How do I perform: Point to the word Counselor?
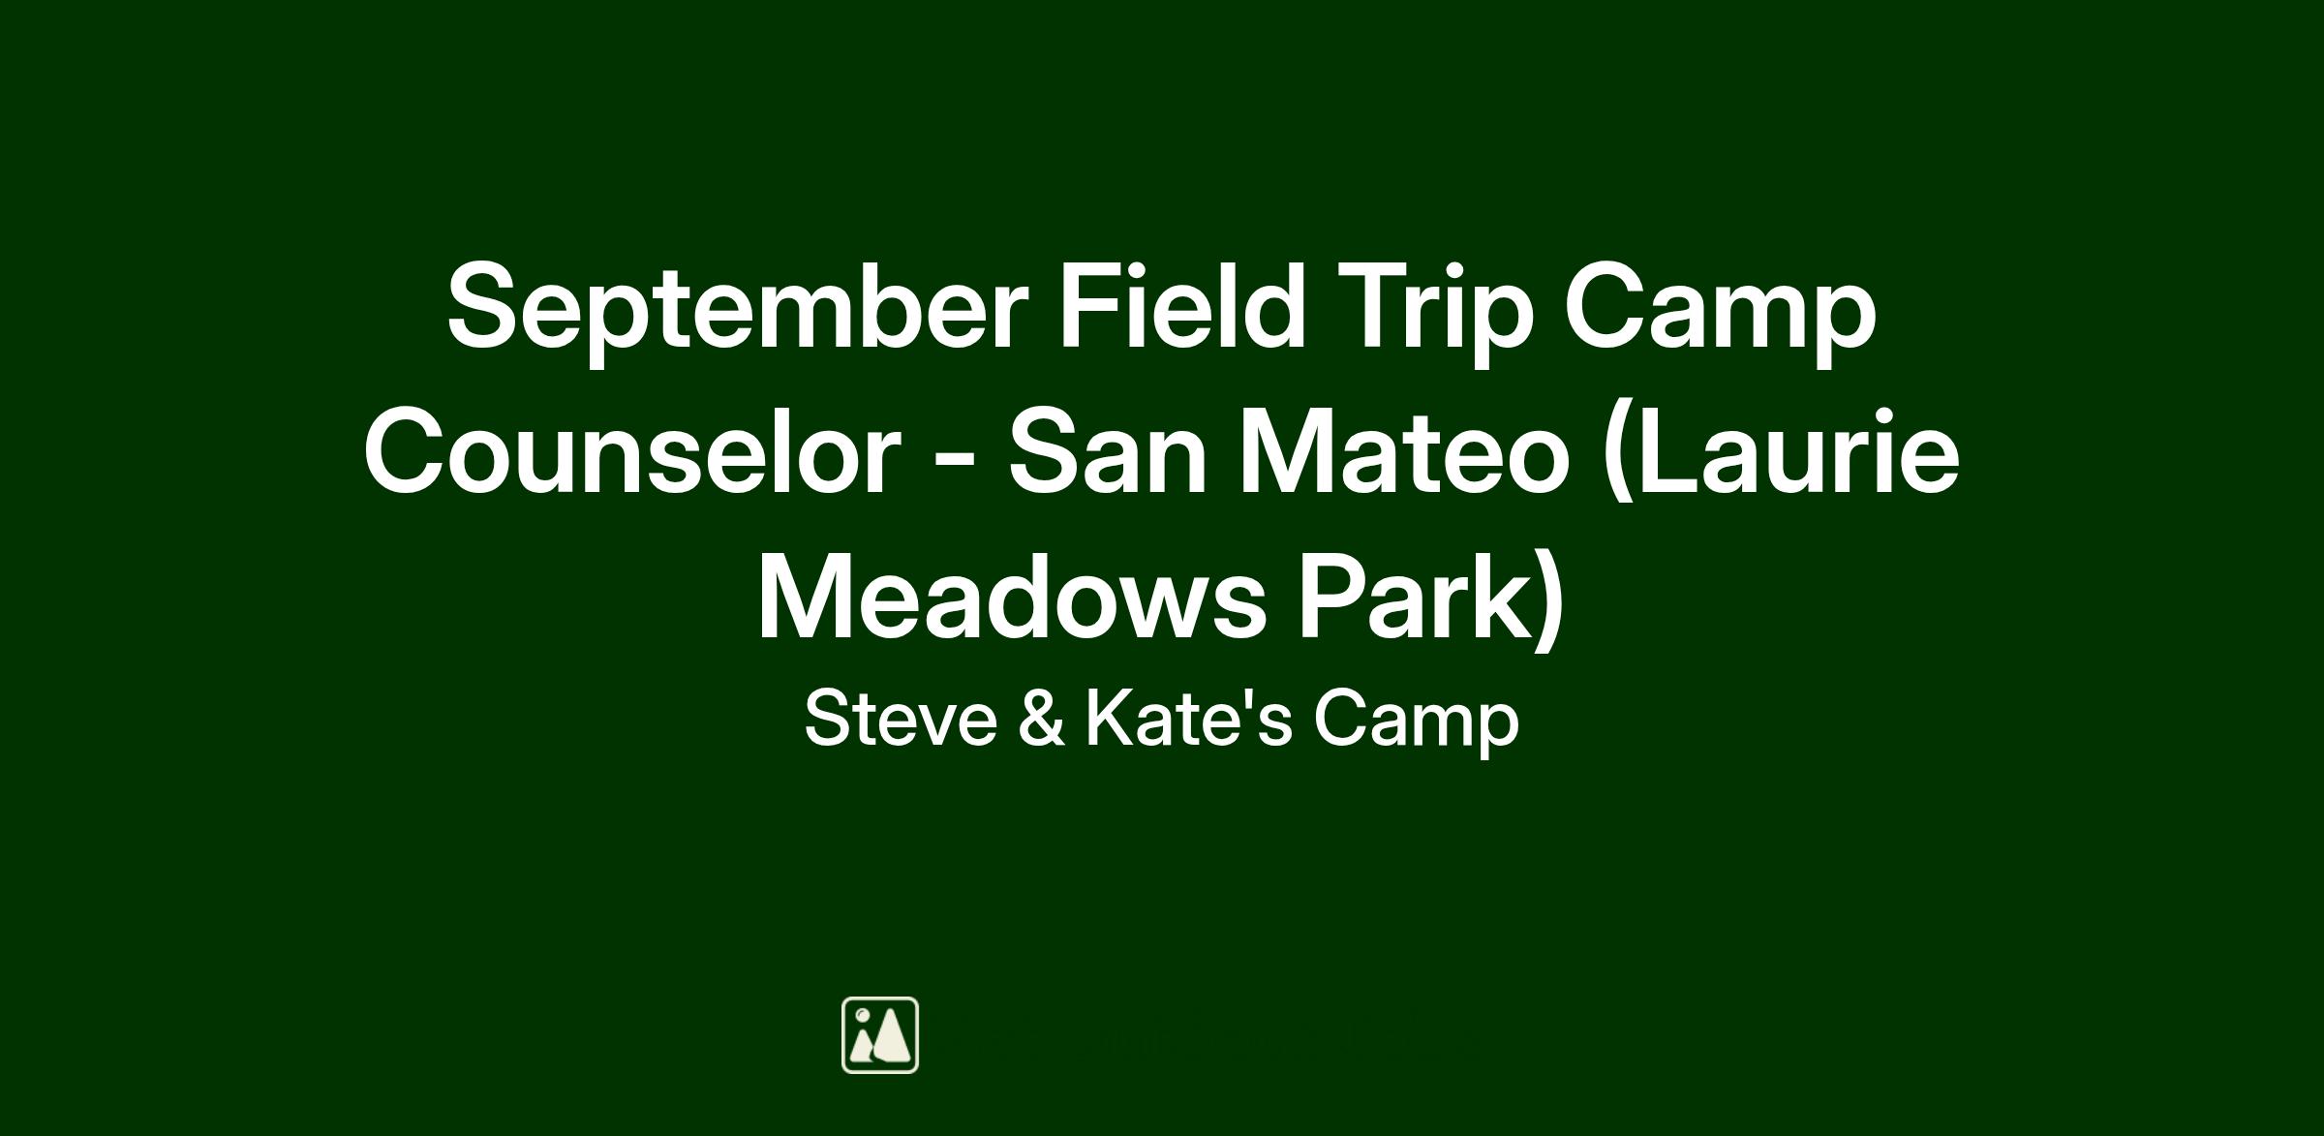(631, 453)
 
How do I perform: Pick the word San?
(1108, 453)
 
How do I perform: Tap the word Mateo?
(1405, 453)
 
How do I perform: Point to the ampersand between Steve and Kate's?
(1042, 719)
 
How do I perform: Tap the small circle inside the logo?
(861, 1016)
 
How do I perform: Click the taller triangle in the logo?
(891, 1037)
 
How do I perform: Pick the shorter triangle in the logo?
(861, 1046)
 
